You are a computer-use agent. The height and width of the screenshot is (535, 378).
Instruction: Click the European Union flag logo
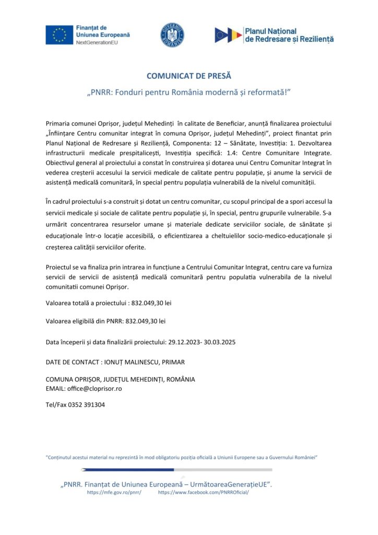coord(59,34)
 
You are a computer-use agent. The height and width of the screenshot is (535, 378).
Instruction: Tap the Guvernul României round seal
coord(172,35)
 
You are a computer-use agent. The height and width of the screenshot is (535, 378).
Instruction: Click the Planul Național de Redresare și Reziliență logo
coord(274,35)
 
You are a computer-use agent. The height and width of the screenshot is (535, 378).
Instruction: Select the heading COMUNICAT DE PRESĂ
coord(188,76)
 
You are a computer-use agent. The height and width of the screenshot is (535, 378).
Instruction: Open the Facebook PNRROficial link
coord(203,492)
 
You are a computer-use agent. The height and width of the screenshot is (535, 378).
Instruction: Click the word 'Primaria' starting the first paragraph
coord(59,123)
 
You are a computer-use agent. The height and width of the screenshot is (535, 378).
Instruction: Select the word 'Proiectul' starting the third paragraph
coord(60,267)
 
